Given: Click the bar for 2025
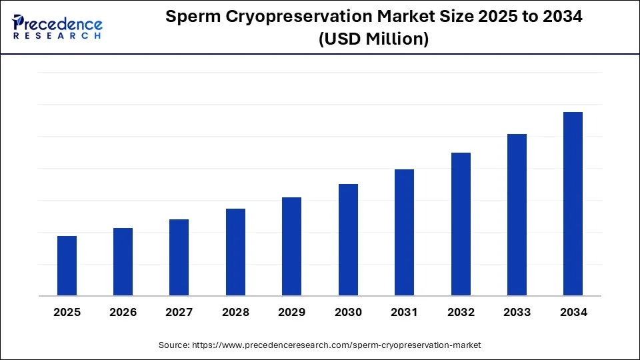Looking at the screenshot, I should tap(67, 265).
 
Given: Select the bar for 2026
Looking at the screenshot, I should tap(123, 261).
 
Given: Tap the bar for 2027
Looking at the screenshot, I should tap(179, 257).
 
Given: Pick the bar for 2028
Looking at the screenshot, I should tap(235, 252).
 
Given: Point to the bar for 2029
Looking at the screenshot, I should tap(291, 246).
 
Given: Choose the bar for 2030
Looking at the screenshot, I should tap(348, 239).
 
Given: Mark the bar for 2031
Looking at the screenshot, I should tap(404, 232).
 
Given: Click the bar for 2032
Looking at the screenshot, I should tap(461, 224).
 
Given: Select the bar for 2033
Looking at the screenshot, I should tap(517, 215).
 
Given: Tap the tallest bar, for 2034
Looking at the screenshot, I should tap(573, 203).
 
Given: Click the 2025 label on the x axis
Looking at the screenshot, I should tap(67, 312).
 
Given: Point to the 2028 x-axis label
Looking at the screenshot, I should tap(235, 312).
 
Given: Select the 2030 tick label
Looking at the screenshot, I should tap(348, 312).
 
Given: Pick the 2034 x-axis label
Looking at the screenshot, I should tap(573, 312).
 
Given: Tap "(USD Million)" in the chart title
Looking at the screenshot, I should tap(373, 39).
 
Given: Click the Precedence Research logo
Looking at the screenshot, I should tap(57, 27).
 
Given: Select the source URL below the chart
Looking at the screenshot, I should tap(336, 345).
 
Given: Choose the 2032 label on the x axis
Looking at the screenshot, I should tap(461, 312).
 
